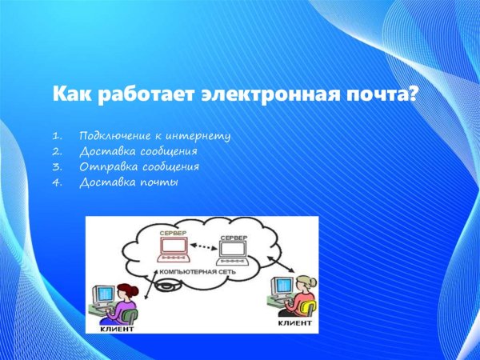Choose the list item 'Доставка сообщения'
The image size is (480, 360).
138,151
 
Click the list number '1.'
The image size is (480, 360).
56,136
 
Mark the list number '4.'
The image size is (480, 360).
56,182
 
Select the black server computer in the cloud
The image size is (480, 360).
232,254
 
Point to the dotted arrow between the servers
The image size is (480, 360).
205,246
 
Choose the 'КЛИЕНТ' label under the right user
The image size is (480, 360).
294,323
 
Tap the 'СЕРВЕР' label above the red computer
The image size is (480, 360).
174,233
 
